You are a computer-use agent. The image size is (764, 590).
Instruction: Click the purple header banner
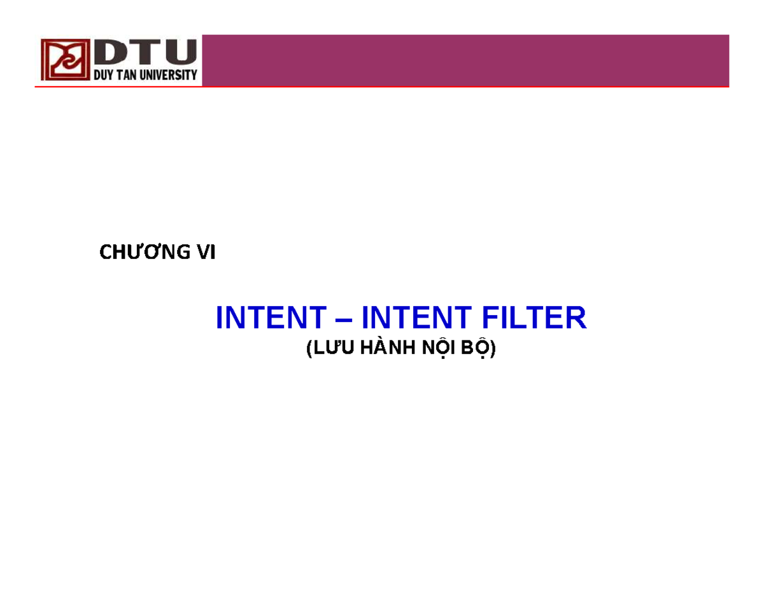[465, 60]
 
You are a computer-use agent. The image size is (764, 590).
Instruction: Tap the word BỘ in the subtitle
[474, 349]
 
